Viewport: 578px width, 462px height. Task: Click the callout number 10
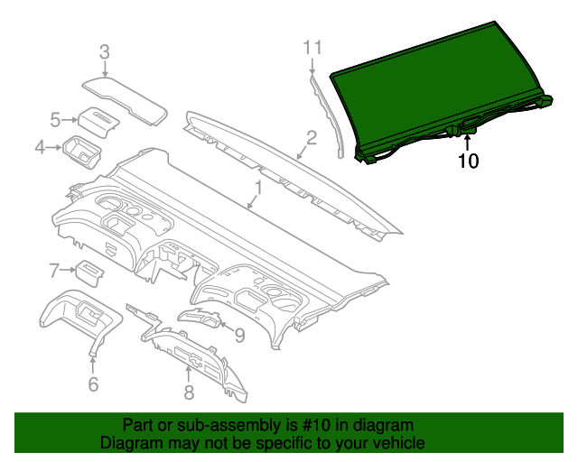coord(469,162)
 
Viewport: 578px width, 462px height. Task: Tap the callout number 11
coord(312,47)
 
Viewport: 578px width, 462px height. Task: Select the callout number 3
coord(104,52)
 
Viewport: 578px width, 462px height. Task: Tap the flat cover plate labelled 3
coord(126,98)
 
